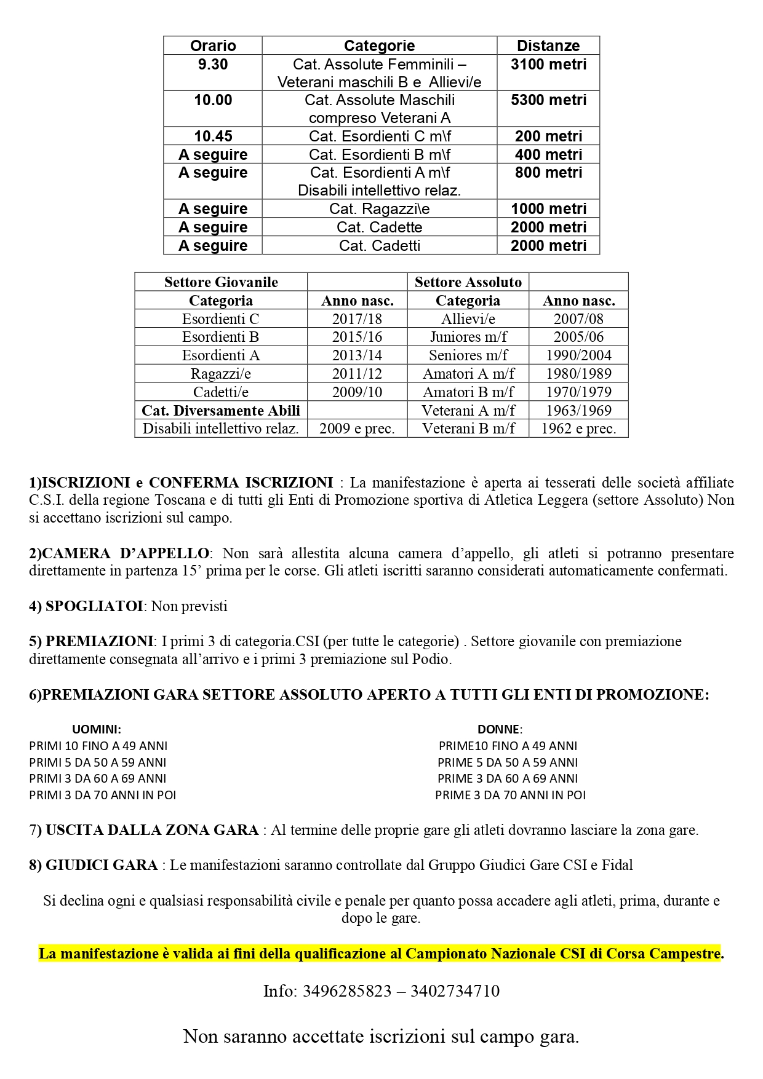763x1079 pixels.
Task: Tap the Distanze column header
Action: pyautogui.click(x=548, y=45)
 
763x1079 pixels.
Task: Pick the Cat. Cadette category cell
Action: pyautogui.click(x=379, y=227)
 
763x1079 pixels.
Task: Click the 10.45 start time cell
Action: pyautogui.click(x=213, y=136)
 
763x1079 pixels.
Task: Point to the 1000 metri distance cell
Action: pyautogui.click(x=548, y=208)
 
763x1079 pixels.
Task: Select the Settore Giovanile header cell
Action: pyautogui.click(x=221, y=282)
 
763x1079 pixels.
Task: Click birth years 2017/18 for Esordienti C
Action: pyautogui.click(x=357, y=318)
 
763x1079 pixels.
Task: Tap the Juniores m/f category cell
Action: pyautogui.click(x=468, y=337)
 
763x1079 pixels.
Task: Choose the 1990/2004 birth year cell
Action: pyautogui.click(x=578, y=355)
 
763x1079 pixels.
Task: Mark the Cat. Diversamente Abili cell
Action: pyautogui.click(x=221, y=410)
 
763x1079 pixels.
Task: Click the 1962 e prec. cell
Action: pyautogui.click(x=578, y=429)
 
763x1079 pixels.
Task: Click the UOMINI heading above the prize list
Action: pyautogui.click(x=97, y=729)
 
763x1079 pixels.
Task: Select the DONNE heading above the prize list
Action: pyautogui.click(x=499, y=729)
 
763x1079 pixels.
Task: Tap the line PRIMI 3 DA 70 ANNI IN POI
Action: pyautogui.click(x=103, y=795)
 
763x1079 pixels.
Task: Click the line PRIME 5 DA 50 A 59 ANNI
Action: pyautogui.click(x=508, y=762)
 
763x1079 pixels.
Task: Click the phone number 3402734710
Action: pyautogui.click(x=455, y=991)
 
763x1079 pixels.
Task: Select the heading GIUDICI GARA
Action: pyautogui.click(x=102, y=865)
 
